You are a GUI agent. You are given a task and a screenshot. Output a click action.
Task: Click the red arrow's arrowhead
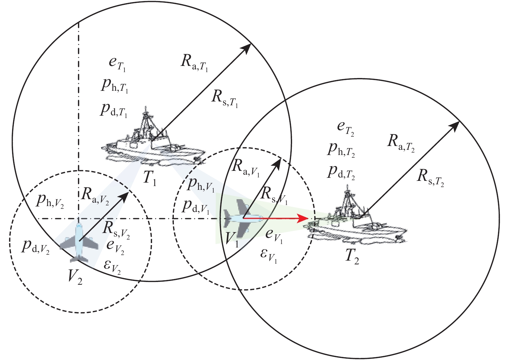[x=303, y=218]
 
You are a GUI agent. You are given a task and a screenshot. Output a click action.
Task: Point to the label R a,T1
[x=194, y=62]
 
